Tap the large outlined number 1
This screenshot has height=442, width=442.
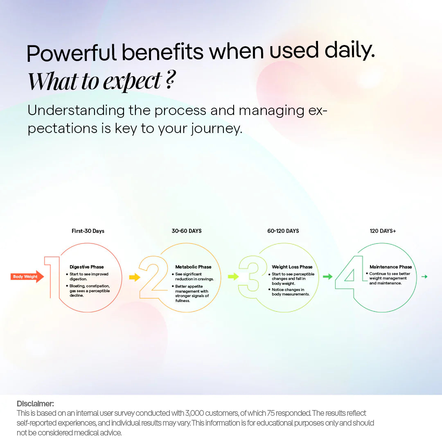click(x=52, y=277)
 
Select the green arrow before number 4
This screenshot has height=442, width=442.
click(x=328, y=277)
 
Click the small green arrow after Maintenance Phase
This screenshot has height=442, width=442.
click(x=424, y=277)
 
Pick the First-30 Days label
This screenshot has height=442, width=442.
click(x=88, y=231)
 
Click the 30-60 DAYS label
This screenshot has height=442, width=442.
click(x=187, y=231)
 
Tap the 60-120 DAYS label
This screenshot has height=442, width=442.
click(x=283, y=231)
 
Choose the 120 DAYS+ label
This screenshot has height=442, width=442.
click(x=383, y=231)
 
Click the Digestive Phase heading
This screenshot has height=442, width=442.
click(x=87, y=267)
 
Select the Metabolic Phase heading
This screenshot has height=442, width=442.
click(x=193, y=267)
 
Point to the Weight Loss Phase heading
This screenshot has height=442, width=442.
click(x=292, y=267)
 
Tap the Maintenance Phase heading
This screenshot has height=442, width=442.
click(x=390, y=267)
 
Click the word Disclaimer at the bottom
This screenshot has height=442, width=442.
click(x=35, y=404)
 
